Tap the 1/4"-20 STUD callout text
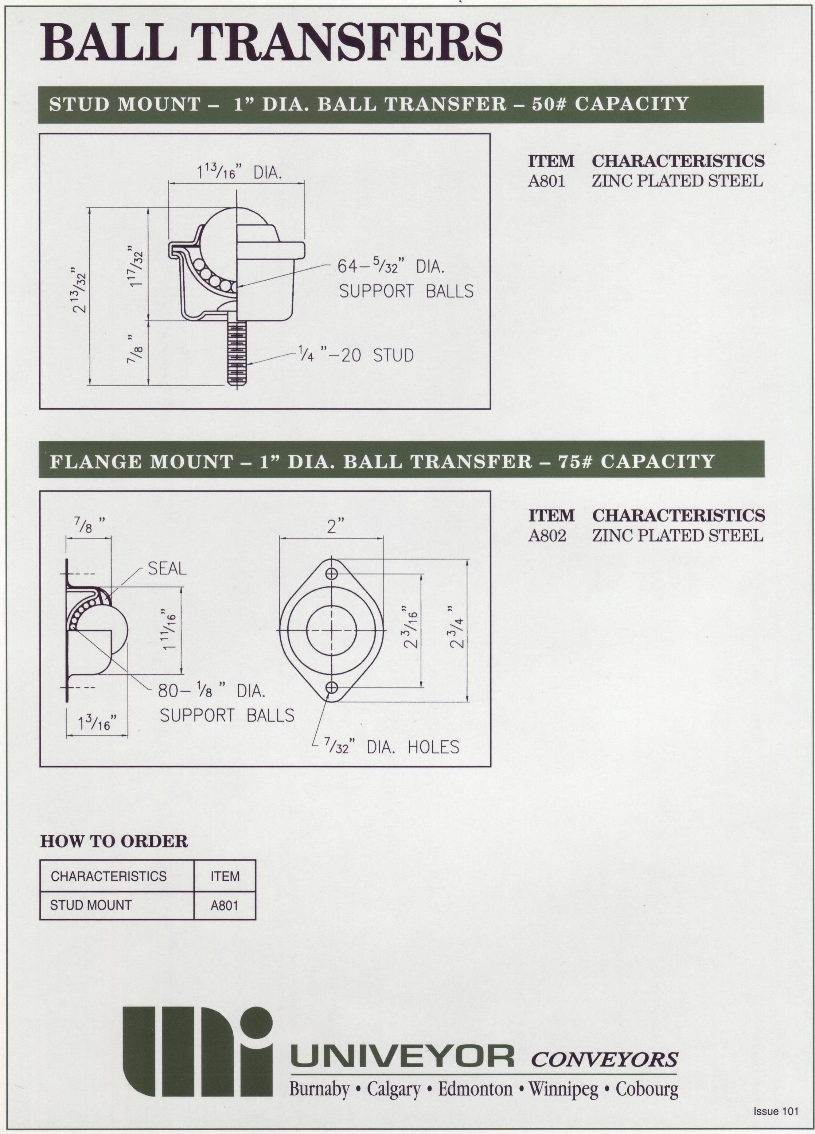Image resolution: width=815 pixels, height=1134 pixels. coord(355,355)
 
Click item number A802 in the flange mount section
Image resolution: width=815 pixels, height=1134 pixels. coord(547,535)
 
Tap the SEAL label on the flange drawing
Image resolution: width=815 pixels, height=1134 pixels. coord(167,569)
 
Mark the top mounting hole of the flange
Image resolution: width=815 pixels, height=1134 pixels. coord(331,573)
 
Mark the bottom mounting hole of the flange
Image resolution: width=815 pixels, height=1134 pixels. coord(331,688)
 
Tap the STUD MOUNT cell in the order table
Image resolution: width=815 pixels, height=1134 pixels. coord(91,905)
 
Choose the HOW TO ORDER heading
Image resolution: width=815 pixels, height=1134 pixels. coord(114,841)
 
